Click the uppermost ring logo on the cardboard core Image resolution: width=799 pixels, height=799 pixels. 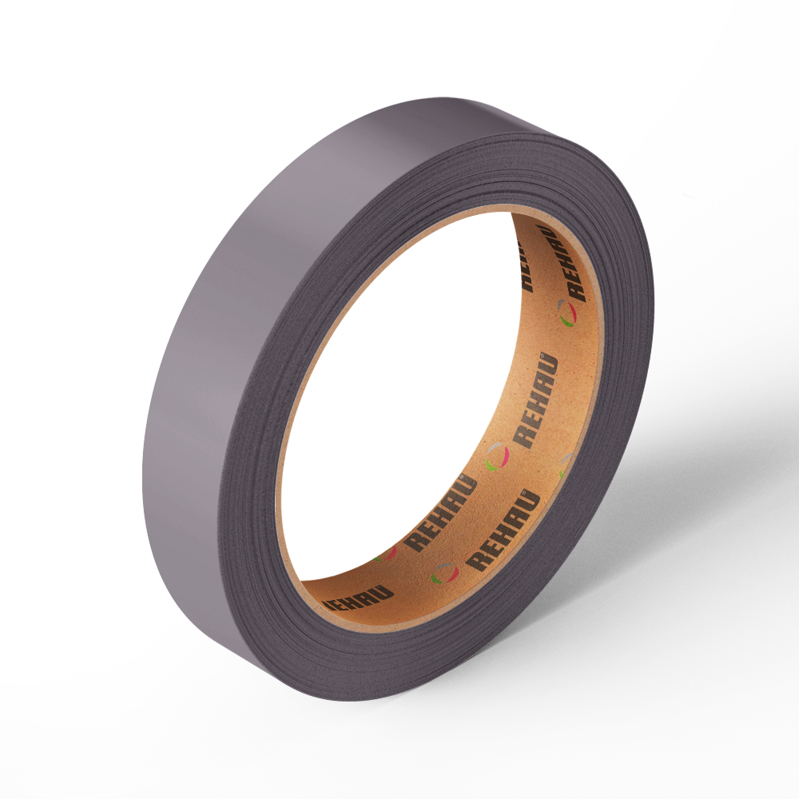(x=566, y=312)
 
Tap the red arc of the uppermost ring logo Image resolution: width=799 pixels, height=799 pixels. (x=573, y=312)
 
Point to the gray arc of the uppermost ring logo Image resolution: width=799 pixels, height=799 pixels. (x=561, y=304)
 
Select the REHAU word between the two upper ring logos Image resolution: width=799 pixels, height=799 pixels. (x=535, y=400)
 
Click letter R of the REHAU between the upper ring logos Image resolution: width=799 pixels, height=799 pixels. (x=523, y=438)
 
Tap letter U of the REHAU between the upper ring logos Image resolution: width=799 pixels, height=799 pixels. (x=550, y=363)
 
